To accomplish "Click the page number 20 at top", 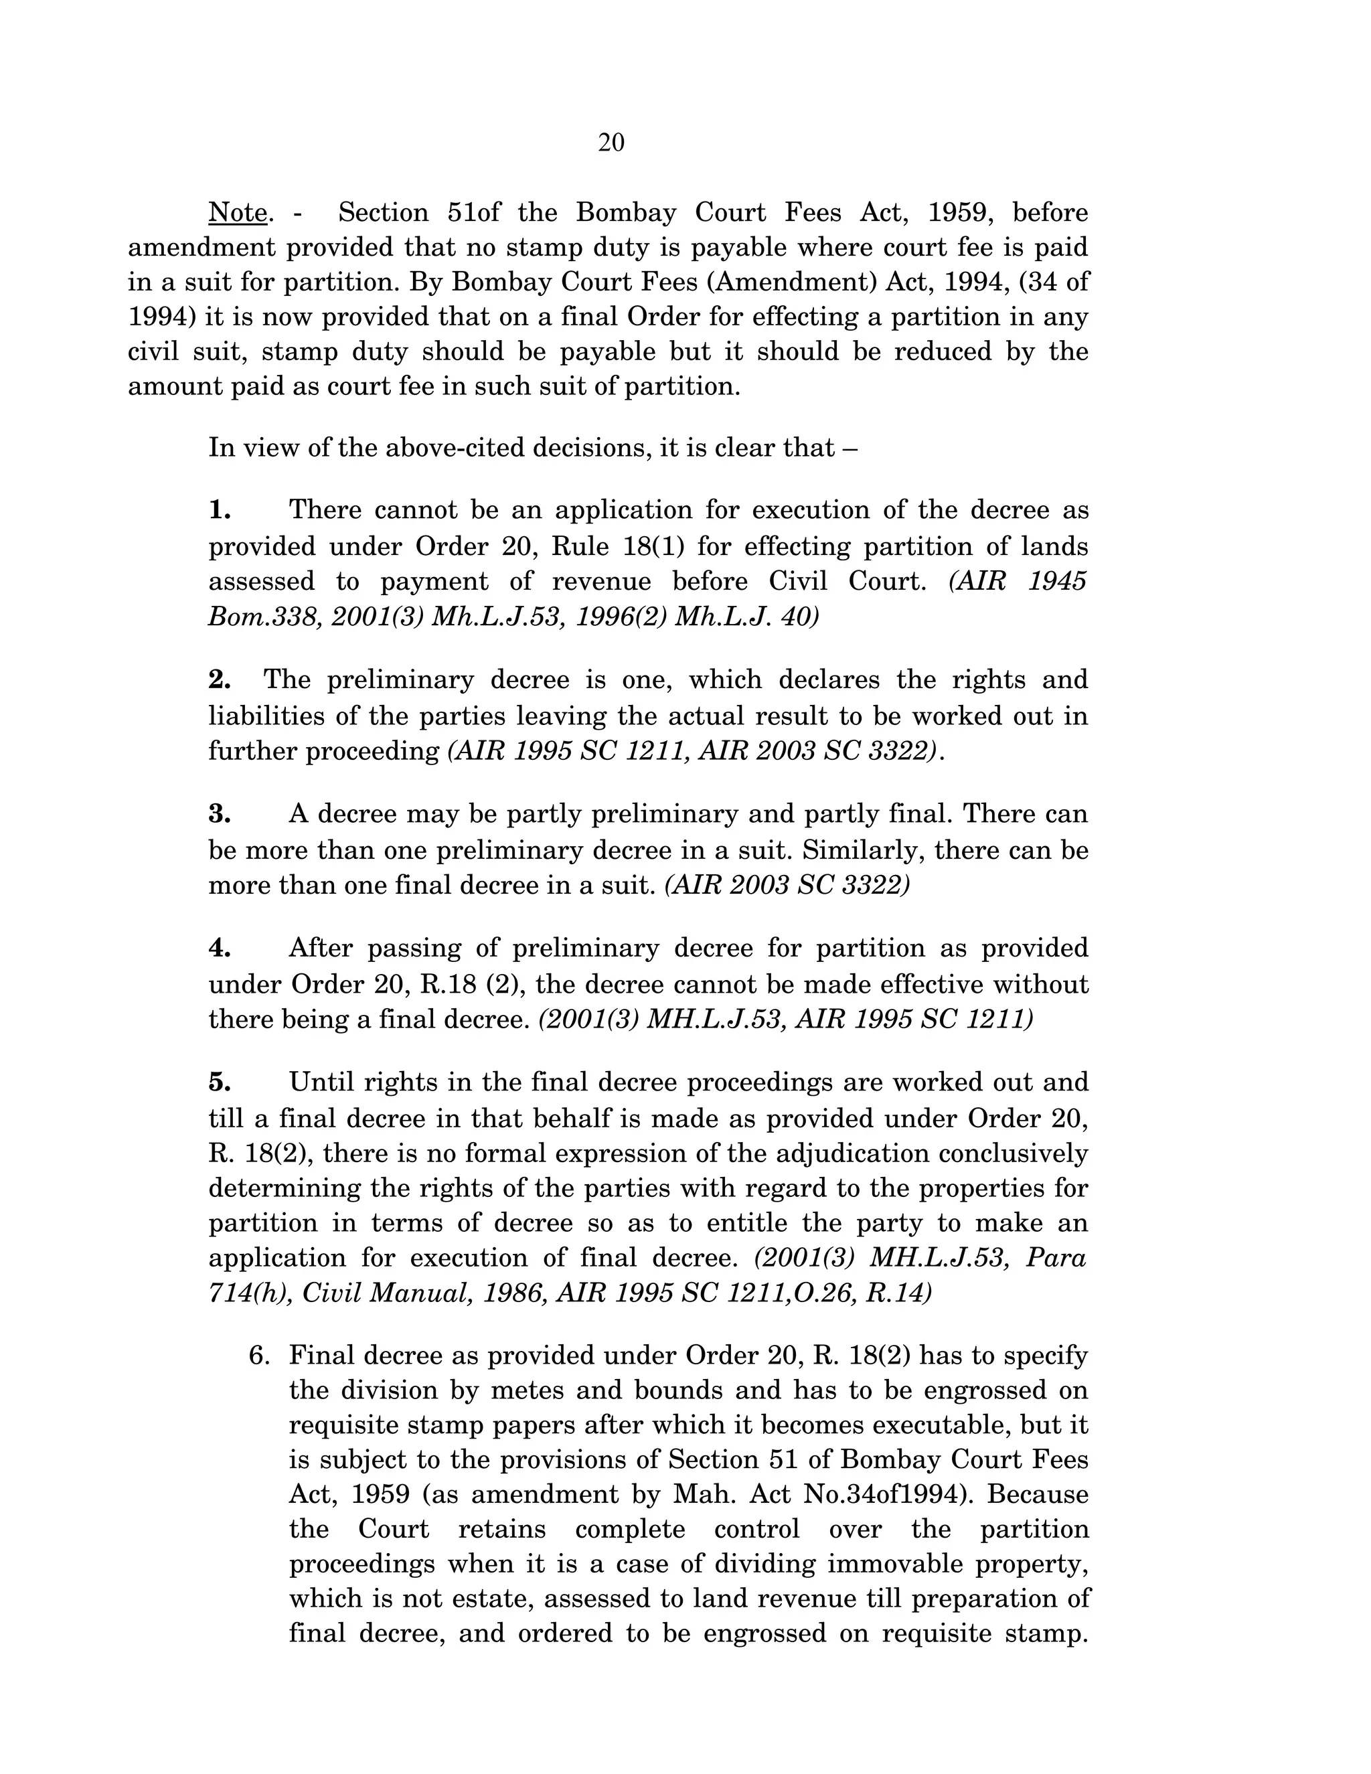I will pos(611,143).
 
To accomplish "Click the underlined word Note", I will pos(238,213).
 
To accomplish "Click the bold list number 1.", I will pos(220,510).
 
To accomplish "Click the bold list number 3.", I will pos(220,814).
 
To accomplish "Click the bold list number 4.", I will pos(220,948).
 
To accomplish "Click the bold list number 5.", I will pos(220,1082).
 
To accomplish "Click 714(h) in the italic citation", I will pos(250,1292).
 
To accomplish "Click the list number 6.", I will pos(258,1356).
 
